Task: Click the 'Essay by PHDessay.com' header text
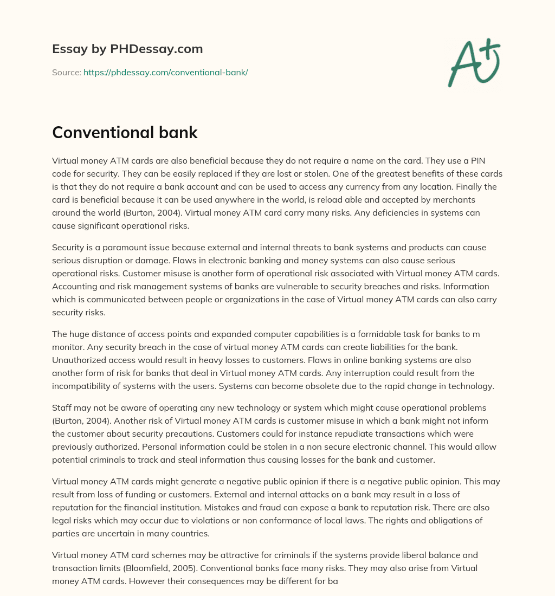[127, 49]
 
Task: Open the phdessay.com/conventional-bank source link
[165, 72]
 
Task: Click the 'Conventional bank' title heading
[125, 133]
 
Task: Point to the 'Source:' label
[66, 72]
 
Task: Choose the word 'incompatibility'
[82, 386]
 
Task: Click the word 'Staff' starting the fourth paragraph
[62, 407]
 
